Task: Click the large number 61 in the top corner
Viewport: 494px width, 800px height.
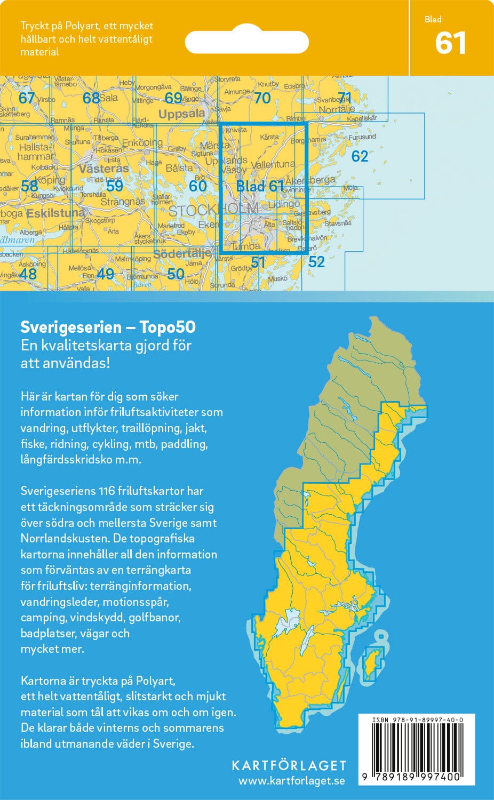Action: pyautogui.click(x=451, y=43)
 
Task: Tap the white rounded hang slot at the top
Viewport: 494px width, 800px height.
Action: pyautogui.click(x=246, y=42)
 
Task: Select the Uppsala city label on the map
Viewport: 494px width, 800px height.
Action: pyautogui.click(x=181, y=114)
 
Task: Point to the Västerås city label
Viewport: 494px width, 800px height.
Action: pyautogui.click(x=103, y=169)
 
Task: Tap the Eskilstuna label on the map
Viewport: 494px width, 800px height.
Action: pyautogui.click(x=55, y=213)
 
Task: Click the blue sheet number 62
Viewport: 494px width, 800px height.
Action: pyautogui.click(x=360, y=156)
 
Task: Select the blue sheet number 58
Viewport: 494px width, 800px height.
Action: pyautogui.click(x=29, y=186)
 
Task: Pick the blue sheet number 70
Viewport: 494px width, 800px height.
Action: pyautogui.click(x=262, y=98)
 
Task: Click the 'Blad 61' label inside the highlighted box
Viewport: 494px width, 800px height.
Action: pyautogui.click(x=260, y=186)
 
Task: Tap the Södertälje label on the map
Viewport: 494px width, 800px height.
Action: pyautogui.click(x=182, y=254)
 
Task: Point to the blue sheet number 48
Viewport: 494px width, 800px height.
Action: pyautogui.click(x=28, y=274)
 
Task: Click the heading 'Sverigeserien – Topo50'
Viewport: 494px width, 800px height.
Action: pyautogui.click(x=108, y=327)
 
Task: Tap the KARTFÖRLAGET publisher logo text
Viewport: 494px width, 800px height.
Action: pyautogui.click(x=289, y=765)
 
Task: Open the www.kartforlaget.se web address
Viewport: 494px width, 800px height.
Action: pyautogui.click(x=291, y=781)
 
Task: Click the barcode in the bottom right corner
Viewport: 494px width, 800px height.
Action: pyautogui.click(x=416, y=747)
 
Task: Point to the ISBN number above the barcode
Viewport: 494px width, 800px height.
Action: pyautogui.click(x=417, y=719)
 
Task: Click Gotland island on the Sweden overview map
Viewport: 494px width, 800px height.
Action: pyautogui.click(x=372, y=664)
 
